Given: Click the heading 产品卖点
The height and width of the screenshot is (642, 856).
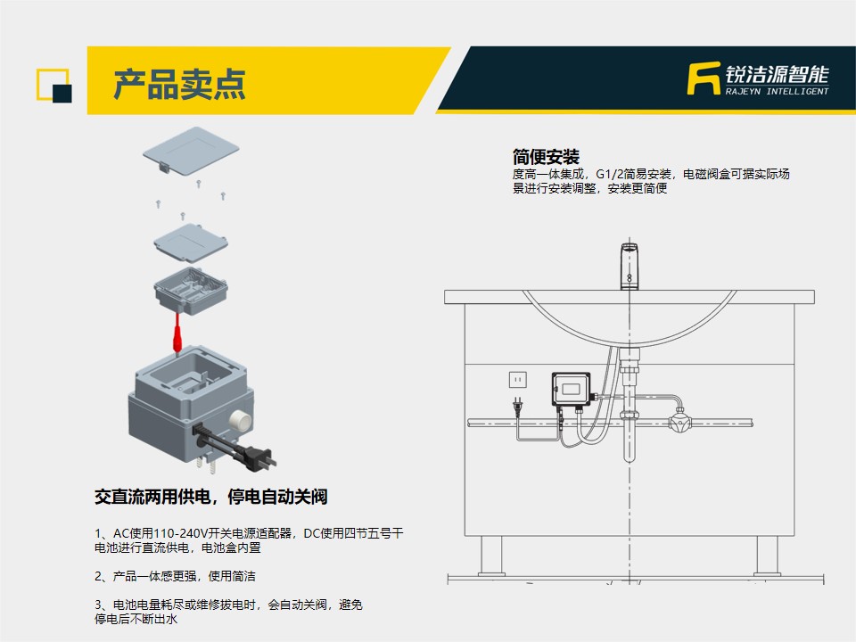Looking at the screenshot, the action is coord(179,84).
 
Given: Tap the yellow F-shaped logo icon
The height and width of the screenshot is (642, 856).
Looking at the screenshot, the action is coord(704,78).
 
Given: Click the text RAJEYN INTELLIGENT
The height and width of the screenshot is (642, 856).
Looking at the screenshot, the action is coord(777,91).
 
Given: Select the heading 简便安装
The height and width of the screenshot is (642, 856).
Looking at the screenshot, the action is coord(546,157).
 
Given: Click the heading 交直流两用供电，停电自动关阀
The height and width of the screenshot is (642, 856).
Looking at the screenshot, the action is coord(210,497).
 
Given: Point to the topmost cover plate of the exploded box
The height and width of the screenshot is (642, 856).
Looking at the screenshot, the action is coord(191,150).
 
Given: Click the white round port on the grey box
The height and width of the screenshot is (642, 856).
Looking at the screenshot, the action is coord(240,419).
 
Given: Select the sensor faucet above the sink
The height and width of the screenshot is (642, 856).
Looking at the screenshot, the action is coord(630,267).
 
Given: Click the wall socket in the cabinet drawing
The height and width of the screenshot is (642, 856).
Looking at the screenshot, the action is coord(517,379).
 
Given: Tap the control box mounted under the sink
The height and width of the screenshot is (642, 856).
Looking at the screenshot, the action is coord(571,389).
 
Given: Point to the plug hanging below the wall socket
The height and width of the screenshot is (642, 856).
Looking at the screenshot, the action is coord(516,407).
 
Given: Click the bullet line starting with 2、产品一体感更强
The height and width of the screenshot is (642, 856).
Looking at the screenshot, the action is coord(175,576).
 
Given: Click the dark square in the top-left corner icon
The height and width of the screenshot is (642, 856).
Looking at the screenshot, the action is coord(62,94).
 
